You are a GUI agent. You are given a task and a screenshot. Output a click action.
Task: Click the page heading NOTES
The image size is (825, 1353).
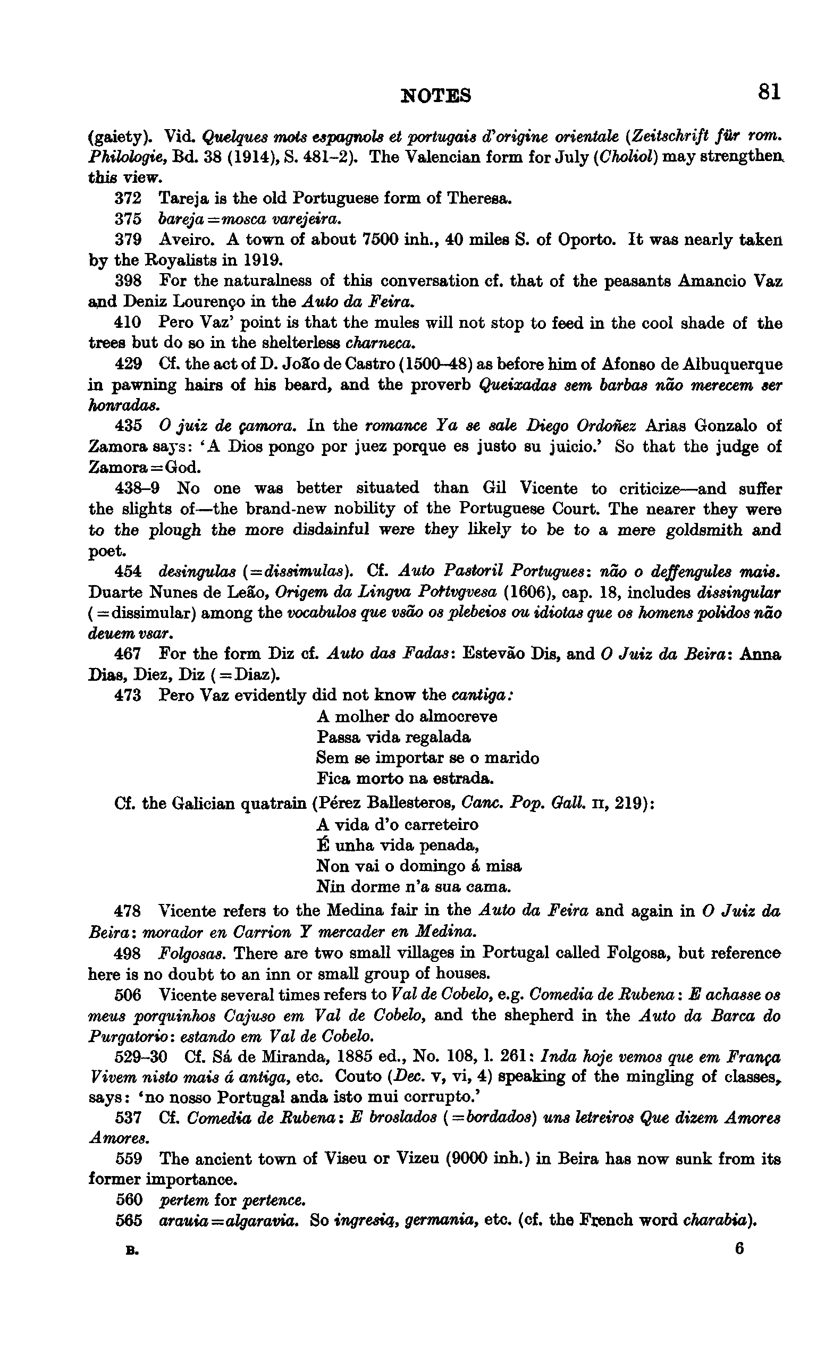pyautogui.click(x=436, y=96)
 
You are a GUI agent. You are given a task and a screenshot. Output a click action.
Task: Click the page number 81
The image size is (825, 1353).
pyautogui.click(x=769, y=92)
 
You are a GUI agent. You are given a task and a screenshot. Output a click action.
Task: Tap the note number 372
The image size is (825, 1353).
pyautogui.click(x=128, y=198)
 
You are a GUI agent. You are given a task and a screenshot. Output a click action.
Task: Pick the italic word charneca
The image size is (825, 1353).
pyautogui.click(x=380, y=343)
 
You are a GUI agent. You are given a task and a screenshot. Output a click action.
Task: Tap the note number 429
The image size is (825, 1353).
pyautogui.click(x=129, y=364)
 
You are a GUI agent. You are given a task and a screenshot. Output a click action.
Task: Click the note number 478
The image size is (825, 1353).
pyautogui.click(x=128, y=911)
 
